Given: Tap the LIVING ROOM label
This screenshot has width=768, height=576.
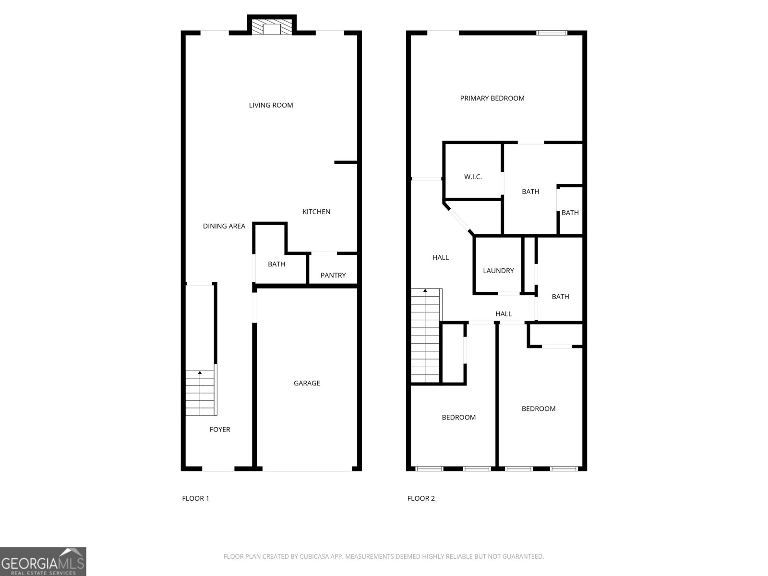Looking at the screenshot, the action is coord(271,105).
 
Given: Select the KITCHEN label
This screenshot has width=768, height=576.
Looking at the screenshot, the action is coord(316,212).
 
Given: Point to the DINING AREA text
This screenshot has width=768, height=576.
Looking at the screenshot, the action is coord(224,226).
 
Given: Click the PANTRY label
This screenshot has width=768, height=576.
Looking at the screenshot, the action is coord(333,275).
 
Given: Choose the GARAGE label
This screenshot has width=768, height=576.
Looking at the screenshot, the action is coord(307,383).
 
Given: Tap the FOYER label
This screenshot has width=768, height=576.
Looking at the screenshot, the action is coord(220,430).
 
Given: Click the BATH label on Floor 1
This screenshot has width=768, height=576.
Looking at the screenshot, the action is coord(276,264).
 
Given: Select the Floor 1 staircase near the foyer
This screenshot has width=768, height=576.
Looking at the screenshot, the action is coord(201,393).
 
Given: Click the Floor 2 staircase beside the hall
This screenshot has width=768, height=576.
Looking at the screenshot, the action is coord(426,336).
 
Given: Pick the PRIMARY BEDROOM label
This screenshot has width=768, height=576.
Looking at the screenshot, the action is coord(492,98).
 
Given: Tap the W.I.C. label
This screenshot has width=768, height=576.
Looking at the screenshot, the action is coord(473,177).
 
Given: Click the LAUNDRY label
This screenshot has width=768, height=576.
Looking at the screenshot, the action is coord(498,271).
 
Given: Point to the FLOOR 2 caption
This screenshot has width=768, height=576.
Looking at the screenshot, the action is coord(421,498).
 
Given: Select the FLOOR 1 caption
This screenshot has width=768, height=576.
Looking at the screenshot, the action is coord(195,498).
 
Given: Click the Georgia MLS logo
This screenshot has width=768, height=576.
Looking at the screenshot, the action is coord(43,561).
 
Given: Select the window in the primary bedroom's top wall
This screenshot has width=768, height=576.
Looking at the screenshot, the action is coord(552,33).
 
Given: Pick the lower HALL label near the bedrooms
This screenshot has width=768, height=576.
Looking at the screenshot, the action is coord(504,314).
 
